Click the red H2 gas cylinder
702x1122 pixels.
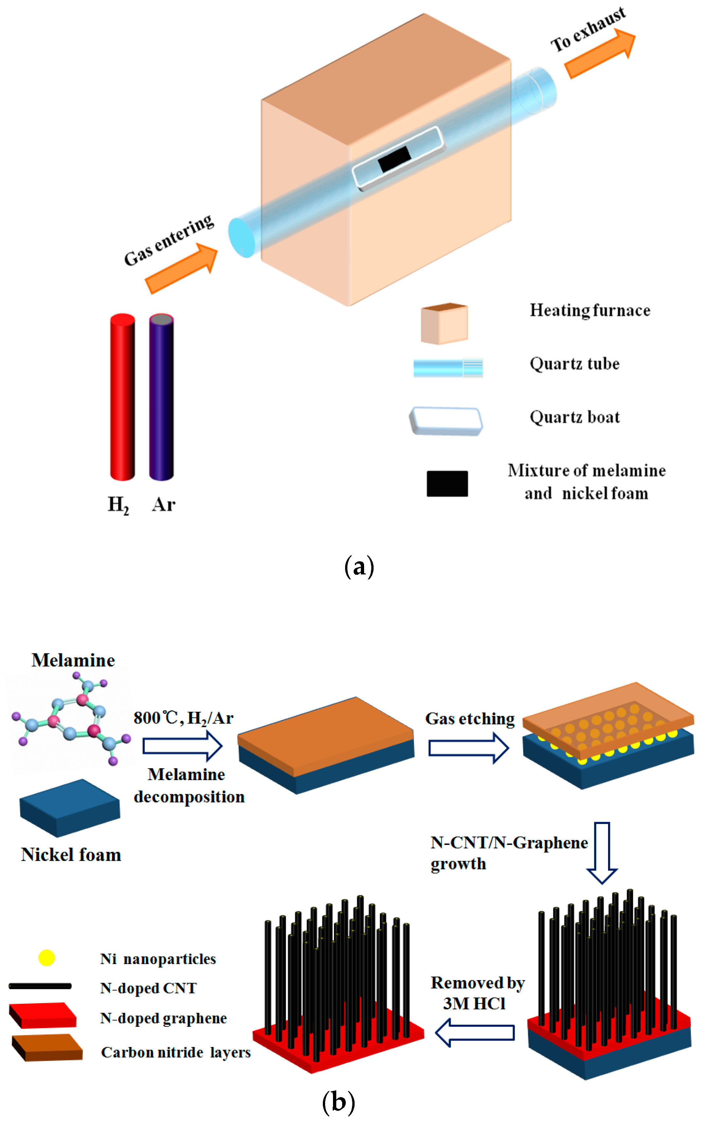pyautogui.click(x=122, y=397)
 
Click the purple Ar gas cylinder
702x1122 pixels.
pyautogui.click(x=161, y=397)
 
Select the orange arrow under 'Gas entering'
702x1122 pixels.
pyautogui.click(x=181, y=269)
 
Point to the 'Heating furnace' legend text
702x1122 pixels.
pyautogui.click(x=590, y=310)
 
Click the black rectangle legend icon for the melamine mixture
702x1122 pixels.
pyautogui.click(x=447, y=483)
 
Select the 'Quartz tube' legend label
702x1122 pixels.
pyautogui.click(x=574, y=364)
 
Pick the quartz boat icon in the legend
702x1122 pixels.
pyautogui.click(x=446, y=421)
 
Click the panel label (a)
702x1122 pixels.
pyautogui.click(x=359, y=567)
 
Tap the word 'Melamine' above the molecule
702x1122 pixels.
pyautogui.click(x=73, y=660)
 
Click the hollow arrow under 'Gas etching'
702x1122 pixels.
pyautogui.click(x=469, y=748)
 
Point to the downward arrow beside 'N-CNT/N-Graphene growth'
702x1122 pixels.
pyautogui.click(x=602, y=852)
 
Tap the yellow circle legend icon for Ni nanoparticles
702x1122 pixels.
pyautogui.click(x=46, y=958)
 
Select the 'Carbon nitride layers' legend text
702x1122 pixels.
pyautogui.click(x=175, y=1052)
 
